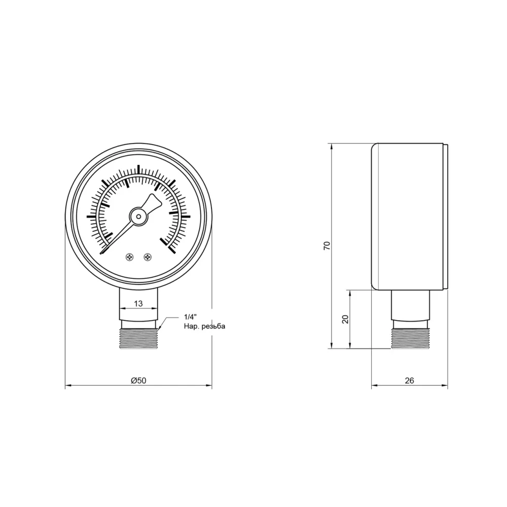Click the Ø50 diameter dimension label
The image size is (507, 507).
[138, 381]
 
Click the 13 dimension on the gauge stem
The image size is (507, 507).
[138, 303]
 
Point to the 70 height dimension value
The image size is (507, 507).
[327, 246]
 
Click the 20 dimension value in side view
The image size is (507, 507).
[345, 319]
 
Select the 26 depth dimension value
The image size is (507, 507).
[410, 381]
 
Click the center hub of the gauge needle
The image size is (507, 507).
[138, 216]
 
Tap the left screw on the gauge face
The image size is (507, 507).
[130, 257]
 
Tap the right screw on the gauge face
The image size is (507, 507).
[148, 257]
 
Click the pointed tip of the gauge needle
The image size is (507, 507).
[102, 252]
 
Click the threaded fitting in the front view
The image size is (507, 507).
[138, 337]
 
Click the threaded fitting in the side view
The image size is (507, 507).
[411, 337]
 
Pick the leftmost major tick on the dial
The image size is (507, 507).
[91, 216]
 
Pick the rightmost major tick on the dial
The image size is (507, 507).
[185, 216]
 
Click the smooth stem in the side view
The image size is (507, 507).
[411, 304]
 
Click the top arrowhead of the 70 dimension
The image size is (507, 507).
[332, 146]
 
